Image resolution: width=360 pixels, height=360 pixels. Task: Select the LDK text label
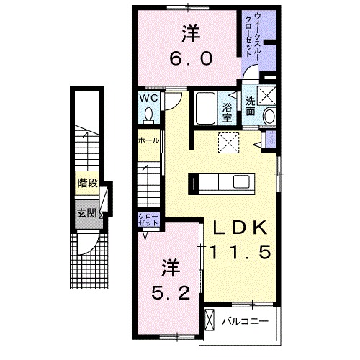pyautogui.click(x=241, y=230)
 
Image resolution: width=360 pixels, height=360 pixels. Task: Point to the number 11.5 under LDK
pyautogui.click(x=241, y=251)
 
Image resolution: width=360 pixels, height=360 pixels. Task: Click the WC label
pyautogui.click(x=148, y=98)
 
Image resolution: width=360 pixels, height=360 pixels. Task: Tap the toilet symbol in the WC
pyautogui.click(x=148, y=114)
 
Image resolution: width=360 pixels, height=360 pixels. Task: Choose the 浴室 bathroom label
pyautogui.click(x=227, y=109)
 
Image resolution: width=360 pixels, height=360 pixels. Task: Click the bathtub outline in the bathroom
pyautogui.click(x=205, y=108)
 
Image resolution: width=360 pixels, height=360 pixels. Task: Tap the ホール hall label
pyautogui.click(x=149, y=140)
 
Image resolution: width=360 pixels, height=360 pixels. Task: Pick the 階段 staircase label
pyautogui.click(x=87, y=184)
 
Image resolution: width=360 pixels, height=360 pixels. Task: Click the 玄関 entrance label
pyautogui.click(x=87, y=212)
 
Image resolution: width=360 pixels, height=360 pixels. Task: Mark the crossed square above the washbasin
pyautogui.click(x=266, y=93)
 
